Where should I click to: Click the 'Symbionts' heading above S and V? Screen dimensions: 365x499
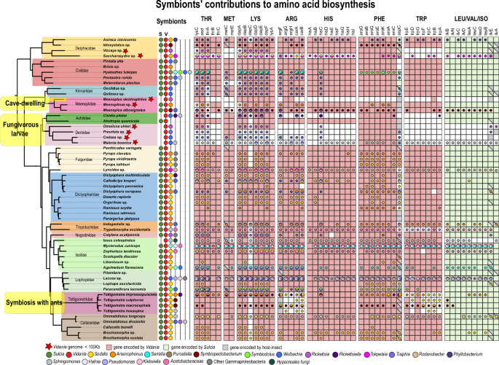(x=165, y=22)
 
